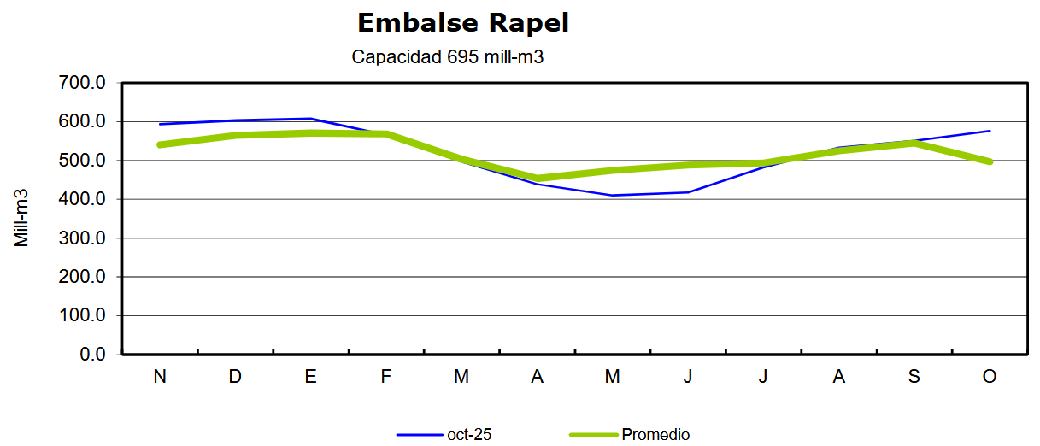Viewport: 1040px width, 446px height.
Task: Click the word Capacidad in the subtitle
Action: coord(396,58)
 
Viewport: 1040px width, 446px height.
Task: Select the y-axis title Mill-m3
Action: coord(22,218)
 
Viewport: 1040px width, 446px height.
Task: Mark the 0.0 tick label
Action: coord(91,354)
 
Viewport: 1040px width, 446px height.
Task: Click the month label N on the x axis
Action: coord(160,377)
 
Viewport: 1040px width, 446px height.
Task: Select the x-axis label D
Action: coord(235,377)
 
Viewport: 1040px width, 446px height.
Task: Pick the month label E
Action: coord(310,377)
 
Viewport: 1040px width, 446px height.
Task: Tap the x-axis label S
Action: coord(914,377)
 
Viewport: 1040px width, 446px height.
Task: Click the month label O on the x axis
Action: coord(990,377)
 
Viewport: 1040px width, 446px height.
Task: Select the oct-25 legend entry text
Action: coord(469,435)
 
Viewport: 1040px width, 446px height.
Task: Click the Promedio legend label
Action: coord(655,435)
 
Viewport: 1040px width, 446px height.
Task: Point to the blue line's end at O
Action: coord(990,131)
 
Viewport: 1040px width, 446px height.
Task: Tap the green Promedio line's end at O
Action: coord(990,161)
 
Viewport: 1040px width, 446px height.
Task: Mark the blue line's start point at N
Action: coord(160,124)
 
